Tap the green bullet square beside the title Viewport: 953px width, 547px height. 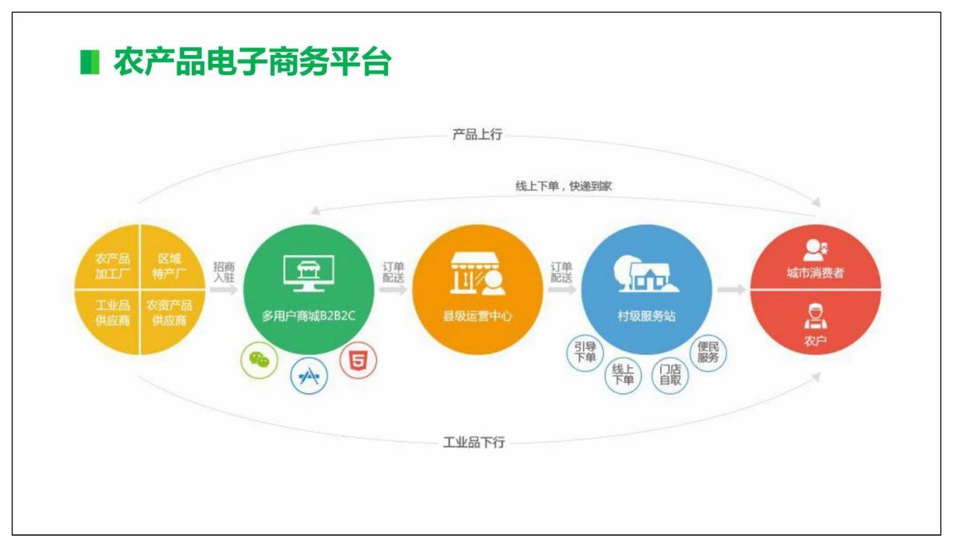[x=89, y=63]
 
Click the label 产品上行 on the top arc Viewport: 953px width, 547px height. [x=477, y=135]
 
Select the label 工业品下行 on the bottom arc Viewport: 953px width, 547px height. [x=474, y=442]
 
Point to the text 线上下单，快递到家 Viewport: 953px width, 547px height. [x=564, y=186]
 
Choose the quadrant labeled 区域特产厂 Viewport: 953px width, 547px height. [x=169, y=266]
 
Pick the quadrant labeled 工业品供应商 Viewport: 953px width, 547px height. [x=112, y=313]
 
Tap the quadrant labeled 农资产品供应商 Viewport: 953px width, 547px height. [x=169, y=313]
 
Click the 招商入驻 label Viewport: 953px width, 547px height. [x=223, y=272]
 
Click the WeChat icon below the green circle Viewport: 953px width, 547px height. [x=259, y=360]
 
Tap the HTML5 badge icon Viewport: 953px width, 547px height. [x=358, y=361]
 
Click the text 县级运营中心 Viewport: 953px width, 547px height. [x=477, y=316]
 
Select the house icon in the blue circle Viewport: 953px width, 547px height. [x=645, y=275]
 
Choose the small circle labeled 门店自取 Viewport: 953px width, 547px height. [x=670, y=375]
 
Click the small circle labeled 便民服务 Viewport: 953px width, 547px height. [x=708, y=352]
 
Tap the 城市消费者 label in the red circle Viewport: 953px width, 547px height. [x=815, y=273]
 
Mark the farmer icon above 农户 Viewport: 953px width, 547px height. [x=815, y=316]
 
